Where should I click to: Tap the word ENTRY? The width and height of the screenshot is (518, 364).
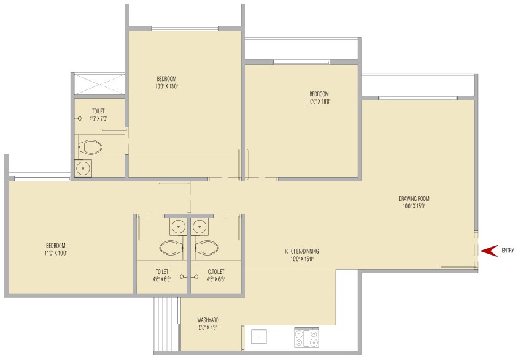click(508, 251)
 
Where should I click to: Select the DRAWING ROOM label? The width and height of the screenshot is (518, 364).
click(414, 199)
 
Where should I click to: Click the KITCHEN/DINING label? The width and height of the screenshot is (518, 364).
click(302, 251)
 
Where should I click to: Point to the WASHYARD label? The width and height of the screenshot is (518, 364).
click(208, 320)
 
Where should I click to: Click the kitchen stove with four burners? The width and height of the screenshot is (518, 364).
click(306, 337)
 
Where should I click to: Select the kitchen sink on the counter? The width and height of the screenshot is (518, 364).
click(259, 336)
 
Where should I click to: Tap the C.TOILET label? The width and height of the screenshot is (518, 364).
click(216, 271)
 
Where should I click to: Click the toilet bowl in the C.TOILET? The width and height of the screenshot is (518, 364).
click(205, 248)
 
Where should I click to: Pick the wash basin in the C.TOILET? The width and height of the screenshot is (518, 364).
click(199, 227)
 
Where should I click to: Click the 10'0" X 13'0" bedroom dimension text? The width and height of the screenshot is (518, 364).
click(166, 86)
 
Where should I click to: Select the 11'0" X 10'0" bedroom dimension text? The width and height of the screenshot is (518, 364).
click(56, 253)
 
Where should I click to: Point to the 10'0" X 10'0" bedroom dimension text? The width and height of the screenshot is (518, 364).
click(319, 102)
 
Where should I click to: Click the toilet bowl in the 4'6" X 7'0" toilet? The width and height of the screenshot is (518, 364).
click(90, 148)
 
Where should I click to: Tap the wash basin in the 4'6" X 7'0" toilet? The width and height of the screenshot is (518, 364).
click(83, 169)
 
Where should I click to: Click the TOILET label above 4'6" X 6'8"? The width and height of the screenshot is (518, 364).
click(162, 271)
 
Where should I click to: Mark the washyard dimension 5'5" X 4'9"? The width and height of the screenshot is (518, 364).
click(208, 327)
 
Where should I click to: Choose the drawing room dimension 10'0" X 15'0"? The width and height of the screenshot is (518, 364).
click(414, 207)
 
